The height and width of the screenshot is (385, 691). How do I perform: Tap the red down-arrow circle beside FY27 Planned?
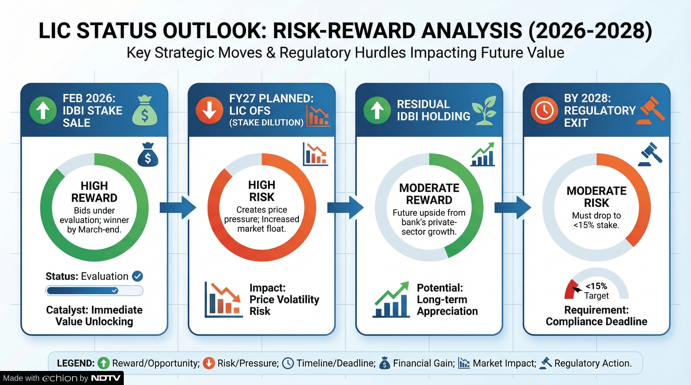click(x=209, y=110)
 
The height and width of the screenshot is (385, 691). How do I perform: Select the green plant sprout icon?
click(x=484, y=110)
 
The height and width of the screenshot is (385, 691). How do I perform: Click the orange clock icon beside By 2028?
click(x=544, y=110)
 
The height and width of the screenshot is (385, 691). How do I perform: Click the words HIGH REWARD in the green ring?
click(x=94, y=192)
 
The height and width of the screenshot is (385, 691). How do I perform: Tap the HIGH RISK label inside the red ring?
click(x=262, y=191)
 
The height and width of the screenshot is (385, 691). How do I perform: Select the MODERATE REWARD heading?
click(x=429, y=194)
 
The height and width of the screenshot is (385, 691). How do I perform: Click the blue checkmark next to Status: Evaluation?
click(x=138, y=276)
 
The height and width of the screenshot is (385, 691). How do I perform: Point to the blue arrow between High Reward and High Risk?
click(x=178, y=208)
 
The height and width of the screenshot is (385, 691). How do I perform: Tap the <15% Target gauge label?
click(x=597, y=291)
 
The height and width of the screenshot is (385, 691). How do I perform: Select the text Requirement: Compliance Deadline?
click(x=597, y=316)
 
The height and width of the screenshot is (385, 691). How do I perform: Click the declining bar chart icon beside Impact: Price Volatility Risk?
click(x=223, y=299)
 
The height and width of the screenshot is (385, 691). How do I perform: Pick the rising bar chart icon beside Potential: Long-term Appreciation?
click(x=391, y=299)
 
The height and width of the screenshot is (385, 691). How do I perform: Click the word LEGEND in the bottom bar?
click(x=76, y=363)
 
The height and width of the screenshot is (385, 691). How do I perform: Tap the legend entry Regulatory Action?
click(x=593, y=363)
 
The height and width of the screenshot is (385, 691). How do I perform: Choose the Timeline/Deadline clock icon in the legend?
click(x=288, y=363)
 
